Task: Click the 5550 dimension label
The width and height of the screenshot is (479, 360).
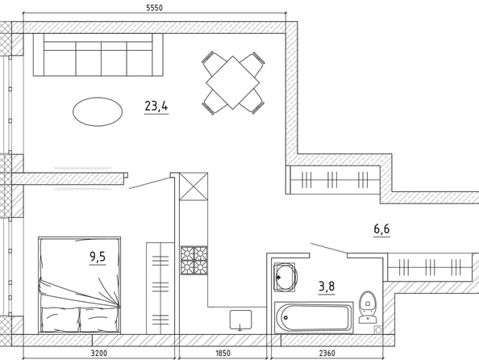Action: (x=154, y=7)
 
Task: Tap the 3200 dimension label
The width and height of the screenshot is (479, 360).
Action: (x=99, y=354)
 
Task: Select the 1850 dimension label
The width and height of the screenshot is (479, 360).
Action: (x=223, y=354)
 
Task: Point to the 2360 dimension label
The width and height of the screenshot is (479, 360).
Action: (x=327, y=354)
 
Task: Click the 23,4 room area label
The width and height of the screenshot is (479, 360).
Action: (x=156, y=106)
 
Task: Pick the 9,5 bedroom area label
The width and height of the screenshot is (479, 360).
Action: (x=98, y=257)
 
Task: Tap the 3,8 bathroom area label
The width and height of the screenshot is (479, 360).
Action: (x=327, y=287)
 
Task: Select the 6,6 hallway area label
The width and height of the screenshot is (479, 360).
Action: (x=382, y=228)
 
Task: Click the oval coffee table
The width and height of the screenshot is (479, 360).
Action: (x=98, y=111)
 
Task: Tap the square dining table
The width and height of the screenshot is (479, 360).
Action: (x=233, y=82)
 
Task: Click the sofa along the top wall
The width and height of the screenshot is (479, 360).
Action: (x=98, y=55)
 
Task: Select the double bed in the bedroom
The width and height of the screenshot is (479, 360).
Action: (x=79, y=285)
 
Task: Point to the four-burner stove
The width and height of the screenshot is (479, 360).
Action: (x=194, y=260)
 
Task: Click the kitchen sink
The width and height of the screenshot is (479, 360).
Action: (x=241, y=320)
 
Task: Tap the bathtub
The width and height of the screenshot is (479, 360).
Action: (x=314, y=317)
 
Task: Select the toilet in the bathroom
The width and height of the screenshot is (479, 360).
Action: (x=368, y=307)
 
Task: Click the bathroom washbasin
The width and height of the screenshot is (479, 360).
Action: (x=285, y=277)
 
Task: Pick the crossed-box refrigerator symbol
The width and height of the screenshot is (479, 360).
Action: (x=194, y=186)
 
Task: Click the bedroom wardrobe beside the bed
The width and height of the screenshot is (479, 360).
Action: (x=160, y=288)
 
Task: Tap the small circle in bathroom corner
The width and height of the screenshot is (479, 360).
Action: (x=378, y=330)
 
